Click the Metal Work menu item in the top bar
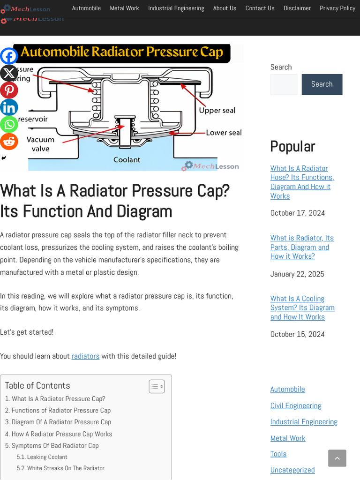pos(124,8)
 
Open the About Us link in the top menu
pos(225,8)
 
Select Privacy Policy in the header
pos(337,8)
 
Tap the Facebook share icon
pos(9,56)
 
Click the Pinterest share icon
pos(9,90)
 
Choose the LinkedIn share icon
pos(9,107)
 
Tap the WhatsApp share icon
pos(9,125)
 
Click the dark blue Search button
pos(322,84)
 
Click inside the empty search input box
pos(284,84)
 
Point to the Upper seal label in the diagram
pos(217,111)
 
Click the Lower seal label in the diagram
pos(224,133)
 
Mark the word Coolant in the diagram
pos(127,160)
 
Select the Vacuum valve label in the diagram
pos(40,144)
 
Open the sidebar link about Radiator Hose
pos(302,182)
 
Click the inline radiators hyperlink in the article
pos(85,356)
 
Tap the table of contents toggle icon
pos(157,386)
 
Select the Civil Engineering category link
pos(295,405)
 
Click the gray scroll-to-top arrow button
pos(337,458)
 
